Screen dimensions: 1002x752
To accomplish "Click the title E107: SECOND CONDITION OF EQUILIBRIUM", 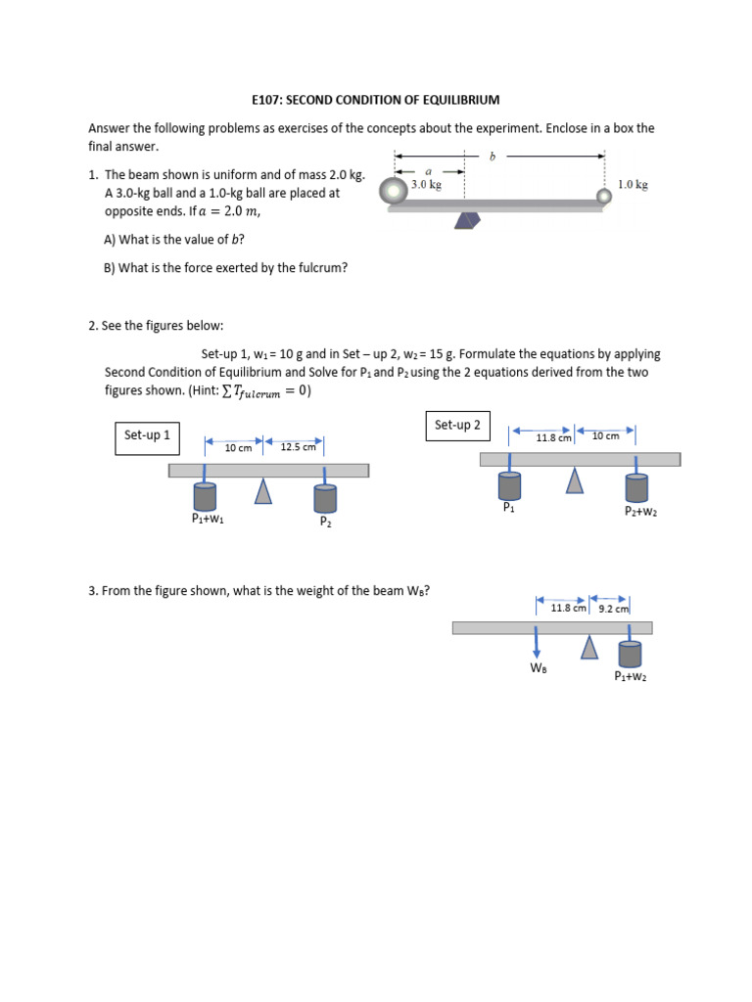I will pyautogui.click(x=376, y=100).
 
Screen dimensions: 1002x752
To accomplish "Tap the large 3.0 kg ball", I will pyautogui.click(x=394, y=192).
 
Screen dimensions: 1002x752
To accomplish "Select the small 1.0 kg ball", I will pyautogui.click(x=604, y=196).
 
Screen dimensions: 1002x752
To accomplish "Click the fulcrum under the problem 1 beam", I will pyautogui.click(x=468, y=221).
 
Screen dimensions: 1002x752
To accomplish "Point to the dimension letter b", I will pyautogui.click(x=492, y=155).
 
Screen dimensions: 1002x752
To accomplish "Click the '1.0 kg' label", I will pyautogui.click(x=633, y=183).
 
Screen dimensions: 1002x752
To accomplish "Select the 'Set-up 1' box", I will pyautogui.click(x=147, y=435).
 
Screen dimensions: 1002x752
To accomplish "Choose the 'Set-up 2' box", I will pyautogui.click(x=457, y=425).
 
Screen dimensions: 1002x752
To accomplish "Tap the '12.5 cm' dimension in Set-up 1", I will pyautogui.click(x=298, y=447).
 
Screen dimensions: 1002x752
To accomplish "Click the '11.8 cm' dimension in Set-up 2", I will pyautogui.click(x=553, y=437).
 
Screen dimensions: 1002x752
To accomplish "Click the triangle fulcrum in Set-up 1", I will pyautogui.click(x=262, y=491).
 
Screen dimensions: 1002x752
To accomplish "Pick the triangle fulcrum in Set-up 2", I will pyautogui.click(x=575, y=480).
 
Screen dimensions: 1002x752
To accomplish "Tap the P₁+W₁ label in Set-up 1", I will pyautogui.click(x=208, y=520).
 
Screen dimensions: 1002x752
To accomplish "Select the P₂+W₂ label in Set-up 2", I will pyautogui.click(x=640, y=511).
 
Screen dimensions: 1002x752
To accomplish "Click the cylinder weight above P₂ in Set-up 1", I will pyautogui.click(x=325, y=497).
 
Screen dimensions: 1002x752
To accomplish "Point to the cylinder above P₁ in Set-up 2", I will pyautogui.click(x=509, y=485).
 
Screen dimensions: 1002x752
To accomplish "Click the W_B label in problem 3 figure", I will pyautogui.click(x=538, y=668).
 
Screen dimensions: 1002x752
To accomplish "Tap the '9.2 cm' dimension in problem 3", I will pyautogui.click(x=613, y=608).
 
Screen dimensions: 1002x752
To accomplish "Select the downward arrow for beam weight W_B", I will pyautogui.click(x=538, y=647).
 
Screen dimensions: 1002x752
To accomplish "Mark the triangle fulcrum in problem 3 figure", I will pyautogui.click(x=589, y=647).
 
